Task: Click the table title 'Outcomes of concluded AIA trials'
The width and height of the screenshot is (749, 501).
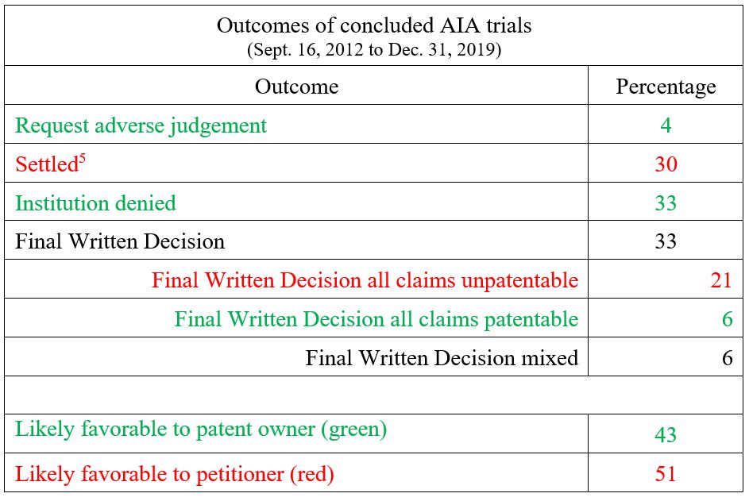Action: tap(374, 25)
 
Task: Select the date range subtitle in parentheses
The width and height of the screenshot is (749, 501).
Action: tap(374, 50)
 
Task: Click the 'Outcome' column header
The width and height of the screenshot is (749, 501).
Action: tap(296, 87)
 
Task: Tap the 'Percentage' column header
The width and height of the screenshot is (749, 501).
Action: tap(666, 87)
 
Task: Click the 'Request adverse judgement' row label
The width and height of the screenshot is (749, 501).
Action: tap(141, 126)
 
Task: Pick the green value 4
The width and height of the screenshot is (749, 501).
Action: tap(666, 125)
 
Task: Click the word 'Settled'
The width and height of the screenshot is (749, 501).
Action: tap(46, 164)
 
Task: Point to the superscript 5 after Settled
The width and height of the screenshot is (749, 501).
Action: tap(82, 158)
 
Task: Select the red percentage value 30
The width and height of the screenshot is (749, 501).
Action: tap(666, 164)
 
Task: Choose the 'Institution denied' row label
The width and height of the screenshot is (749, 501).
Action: tap(95, 203)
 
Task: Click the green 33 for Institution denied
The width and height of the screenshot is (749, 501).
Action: tap(666, 203)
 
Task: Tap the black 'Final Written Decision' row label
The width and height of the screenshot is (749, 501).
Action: tap(120, 241)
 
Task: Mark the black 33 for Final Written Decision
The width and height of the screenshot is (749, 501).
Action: tap(666, 241)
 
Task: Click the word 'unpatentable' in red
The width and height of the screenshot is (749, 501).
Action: tap(519, 281)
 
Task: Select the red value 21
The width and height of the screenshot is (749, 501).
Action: tap(721, 280)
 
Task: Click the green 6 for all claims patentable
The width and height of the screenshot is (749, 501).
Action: tap(728, 319)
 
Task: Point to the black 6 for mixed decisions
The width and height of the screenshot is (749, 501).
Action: tap(728, 358)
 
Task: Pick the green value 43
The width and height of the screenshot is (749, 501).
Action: tap(666, 435)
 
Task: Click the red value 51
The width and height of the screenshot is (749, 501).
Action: tap(666, 474)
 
